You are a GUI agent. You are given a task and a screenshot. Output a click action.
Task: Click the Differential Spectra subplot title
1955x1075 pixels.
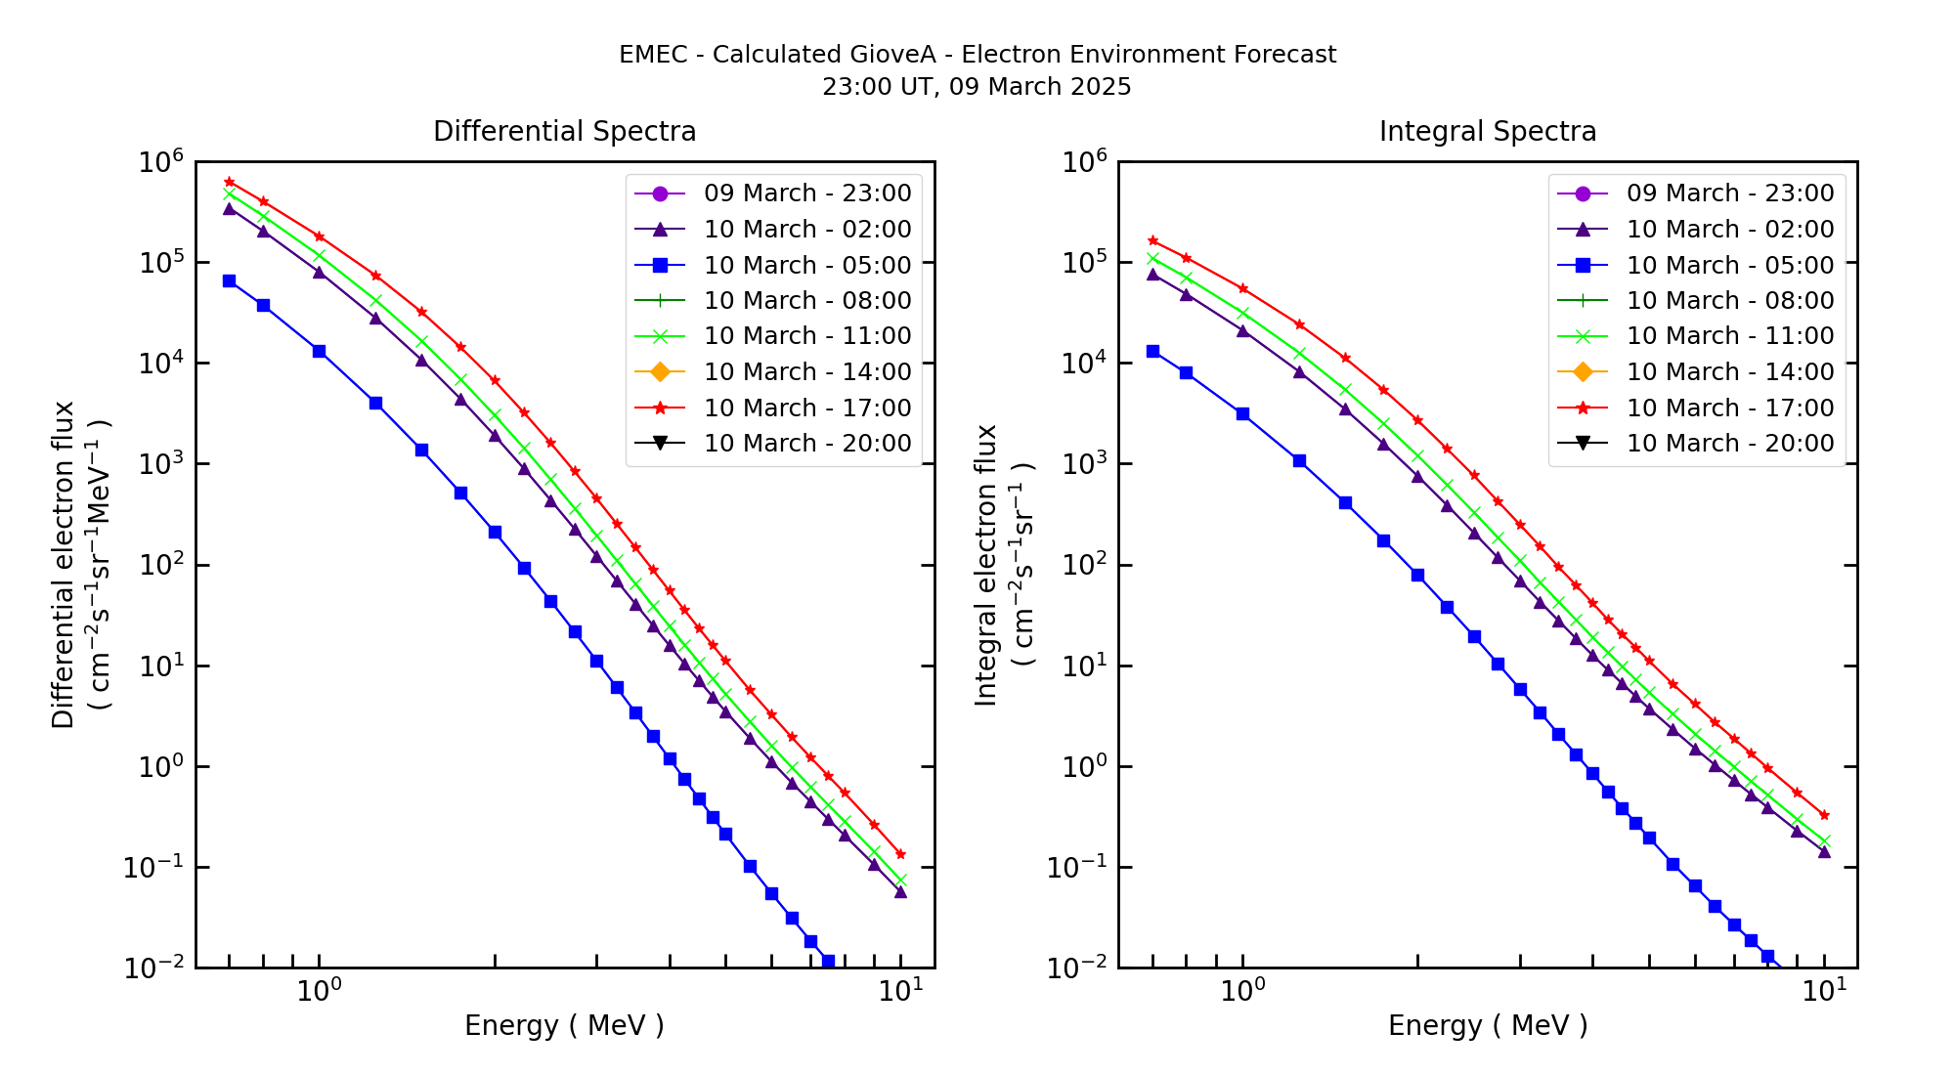[564, 132]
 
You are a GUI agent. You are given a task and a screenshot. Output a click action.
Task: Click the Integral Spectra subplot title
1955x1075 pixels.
[1487, 132]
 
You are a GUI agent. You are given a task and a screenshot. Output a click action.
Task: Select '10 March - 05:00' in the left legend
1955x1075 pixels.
[806, 265]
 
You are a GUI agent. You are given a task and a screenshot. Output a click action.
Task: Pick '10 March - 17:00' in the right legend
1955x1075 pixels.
[1729, 408]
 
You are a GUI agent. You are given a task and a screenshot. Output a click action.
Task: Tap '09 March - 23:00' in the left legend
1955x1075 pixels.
[806, 193]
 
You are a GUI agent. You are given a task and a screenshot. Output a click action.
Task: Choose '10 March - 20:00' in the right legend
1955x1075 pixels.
[1729, 444]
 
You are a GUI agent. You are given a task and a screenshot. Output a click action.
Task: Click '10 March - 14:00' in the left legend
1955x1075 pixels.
[806, 372]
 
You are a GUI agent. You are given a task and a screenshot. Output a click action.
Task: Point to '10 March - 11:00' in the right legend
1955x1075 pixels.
[1729, 336]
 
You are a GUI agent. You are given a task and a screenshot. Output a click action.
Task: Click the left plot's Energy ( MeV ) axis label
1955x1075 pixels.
[564, 1025]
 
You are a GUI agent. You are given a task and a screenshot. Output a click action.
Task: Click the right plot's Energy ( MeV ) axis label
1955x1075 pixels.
[1487, 1025]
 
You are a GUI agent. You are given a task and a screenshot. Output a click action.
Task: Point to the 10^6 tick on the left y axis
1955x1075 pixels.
[161, 162]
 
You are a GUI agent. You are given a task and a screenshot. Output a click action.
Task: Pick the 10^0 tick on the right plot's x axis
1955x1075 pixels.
[1241, 991]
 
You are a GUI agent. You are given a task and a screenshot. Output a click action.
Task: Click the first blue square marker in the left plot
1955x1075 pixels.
[229, 280]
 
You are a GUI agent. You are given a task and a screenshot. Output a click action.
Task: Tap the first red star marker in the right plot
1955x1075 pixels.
[1152, 240]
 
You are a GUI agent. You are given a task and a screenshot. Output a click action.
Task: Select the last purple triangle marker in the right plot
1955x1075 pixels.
[1824, 852]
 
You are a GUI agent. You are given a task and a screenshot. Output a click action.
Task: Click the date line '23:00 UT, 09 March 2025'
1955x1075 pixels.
[977, 87]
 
